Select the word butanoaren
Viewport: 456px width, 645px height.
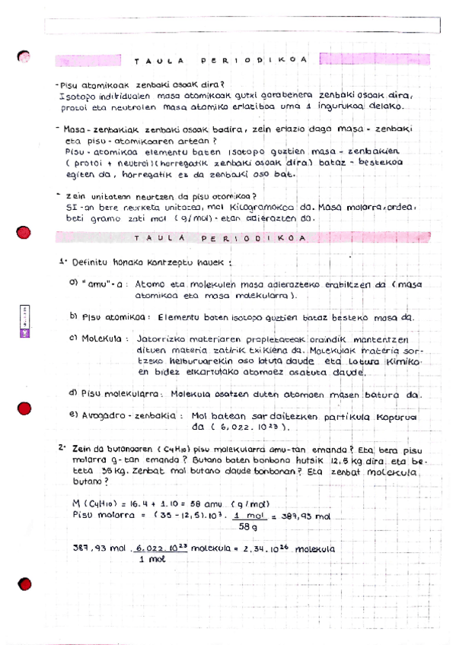tap(122, 450)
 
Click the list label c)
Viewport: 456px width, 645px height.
tap(74, 338)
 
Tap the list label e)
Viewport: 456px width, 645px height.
tap(74, 415)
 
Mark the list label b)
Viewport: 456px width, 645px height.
tap(74, 316)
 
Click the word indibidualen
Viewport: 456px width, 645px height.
tap(123, 97)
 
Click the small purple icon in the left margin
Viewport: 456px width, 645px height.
tap(24, 332)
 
